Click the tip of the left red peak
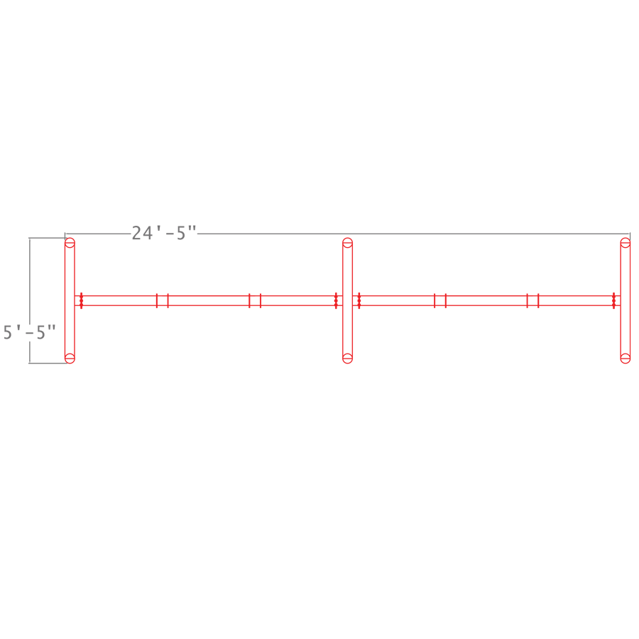[x=70, y=237]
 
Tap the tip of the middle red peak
[x=347, y=236]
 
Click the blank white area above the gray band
[x=319, y=106]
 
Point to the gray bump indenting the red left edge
[x=53, y=329]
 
